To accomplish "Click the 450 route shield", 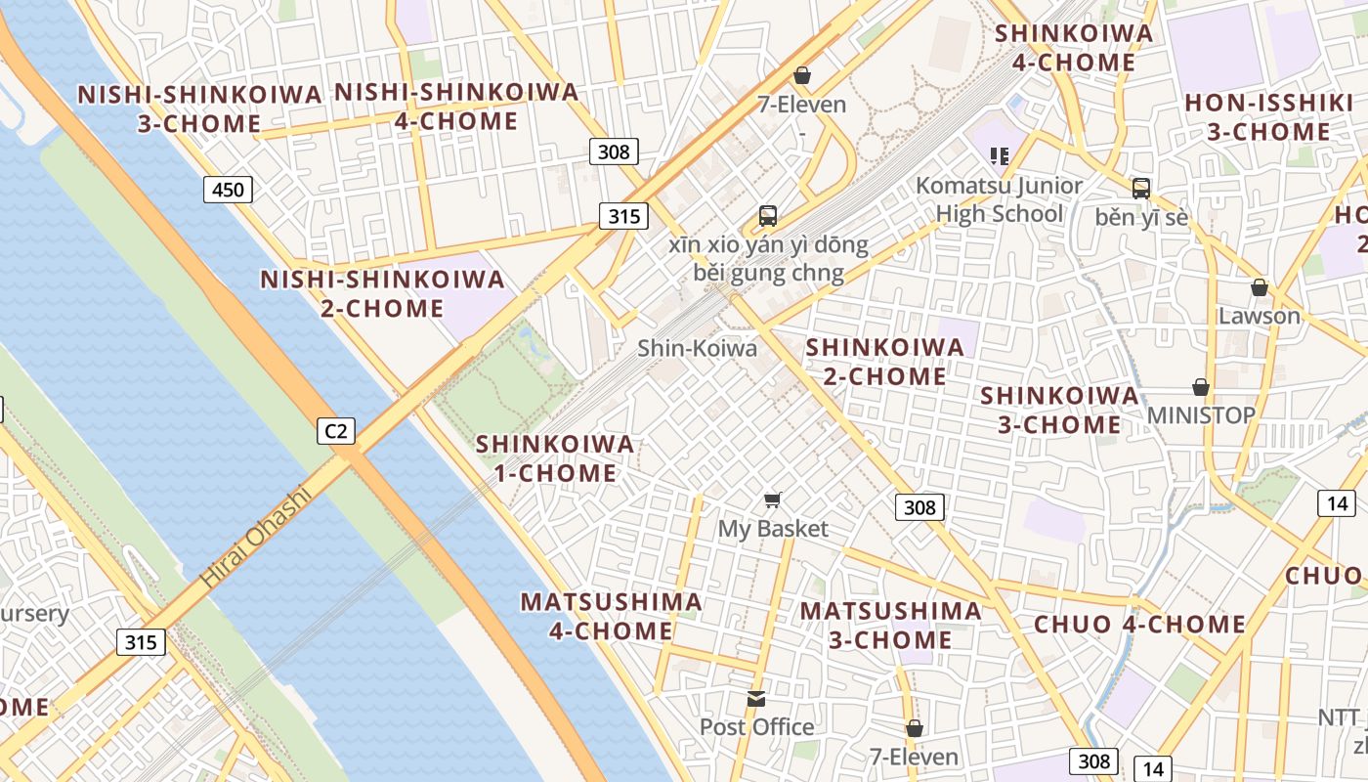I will [228, 190].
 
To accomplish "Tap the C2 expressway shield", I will [335, 430].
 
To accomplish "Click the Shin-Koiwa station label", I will [697, 348].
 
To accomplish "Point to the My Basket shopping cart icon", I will [773, 500].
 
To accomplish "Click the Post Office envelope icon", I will [756, 699].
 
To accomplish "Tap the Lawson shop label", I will [1259, 316].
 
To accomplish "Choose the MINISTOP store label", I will [1201, 415].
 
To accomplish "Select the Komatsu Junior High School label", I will [999, 199].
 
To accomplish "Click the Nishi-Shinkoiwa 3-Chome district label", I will [199, 109].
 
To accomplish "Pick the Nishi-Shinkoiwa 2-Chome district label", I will [382, 294].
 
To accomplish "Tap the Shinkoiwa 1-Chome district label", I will [555, 458].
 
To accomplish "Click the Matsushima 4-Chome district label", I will [611, 616].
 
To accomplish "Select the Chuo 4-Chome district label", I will [1139, 625].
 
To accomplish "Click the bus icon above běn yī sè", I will [1140, 189].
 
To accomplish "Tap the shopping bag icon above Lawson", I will [1260, 287].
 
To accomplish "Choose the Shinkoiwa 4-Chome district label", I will [1073, 48].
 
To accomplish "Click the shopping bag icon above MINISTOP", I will [1201, 387].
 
